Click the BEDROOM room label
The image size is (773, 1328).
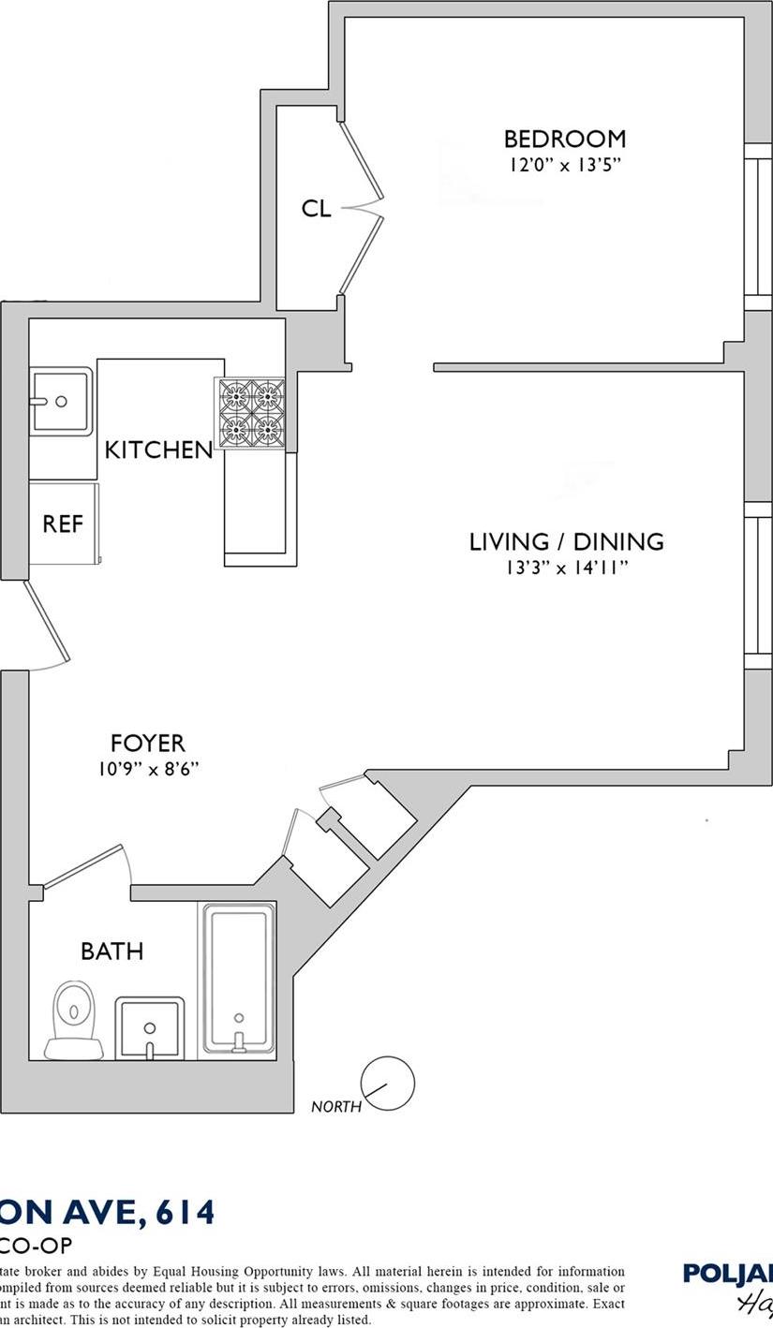564,139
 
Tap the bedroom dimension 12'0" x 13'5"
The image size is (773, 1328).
564,165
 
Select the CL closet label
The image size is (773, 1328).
316,208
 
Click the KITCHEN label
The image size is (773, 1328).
158,450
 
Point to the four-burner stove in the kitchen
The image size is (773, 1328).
251,413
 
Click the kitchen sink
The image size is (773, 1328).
61,401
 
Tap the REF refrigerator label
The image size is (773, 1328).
63,524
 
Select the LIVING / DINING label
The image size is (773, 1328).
566,541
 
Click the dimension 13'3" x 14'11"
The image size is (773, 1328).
566,568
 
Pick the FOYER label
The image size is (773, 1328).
147,744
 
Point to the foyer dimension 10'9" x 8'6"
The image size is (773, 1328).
148,769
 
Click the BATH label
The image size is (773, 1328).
111,952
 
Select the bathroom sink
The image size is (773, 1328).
149,1027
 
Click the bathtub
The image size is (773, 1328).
239,978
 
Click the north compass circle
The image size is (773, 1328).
387,1084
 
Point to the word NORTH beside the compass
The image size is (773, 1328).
335,1107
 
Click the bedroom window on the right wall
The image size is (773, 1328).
757,227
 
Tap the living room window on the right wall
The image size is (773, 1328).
757,585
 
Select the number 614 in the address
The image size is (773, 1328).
186,1212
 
